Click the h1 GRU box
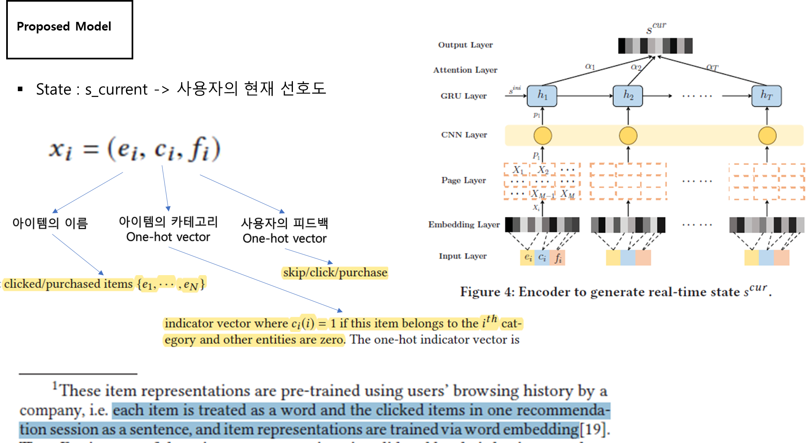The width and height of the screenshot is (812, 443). (542, 96)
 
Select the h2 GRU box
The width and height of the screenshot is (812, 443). (628, 96)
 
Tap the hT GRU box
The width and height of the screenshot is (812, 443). (766, 96)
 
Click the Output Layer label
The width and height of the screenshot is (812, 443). (465, 45)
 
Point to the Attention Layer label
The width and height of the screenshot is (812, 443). (465, 70)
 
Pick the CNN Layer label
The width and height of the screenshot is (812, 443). (464, 135)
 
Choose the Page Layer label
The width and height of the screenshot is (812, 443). (463, 180)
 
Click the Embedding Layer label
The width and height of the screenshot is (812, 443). (464, 224)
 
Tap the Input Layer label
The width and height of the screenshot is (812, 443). (463, 256)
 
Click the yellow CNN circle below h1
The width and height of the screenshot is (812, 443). (543, 136)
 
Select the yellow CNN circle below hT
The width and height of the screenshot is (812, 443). (767, 136)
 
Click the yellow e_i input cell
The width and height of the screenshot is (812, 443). (527, 257)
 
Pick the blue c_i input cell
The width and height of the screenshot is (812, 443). (542, 257)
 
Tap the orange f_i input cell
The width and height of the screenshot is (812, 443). (558, 257)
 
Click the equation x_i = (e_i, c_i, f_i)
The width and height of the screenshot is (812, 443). (129, 148)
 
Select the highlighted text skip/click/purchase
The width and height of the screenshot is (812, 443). (335, 273)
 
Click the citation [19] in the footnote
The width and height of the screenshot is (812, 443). (593, 429)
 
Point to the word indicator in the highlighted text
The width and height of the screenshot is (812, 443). (185, 323)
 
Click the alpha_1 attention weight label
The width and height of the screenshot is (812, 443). (590, 66)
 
